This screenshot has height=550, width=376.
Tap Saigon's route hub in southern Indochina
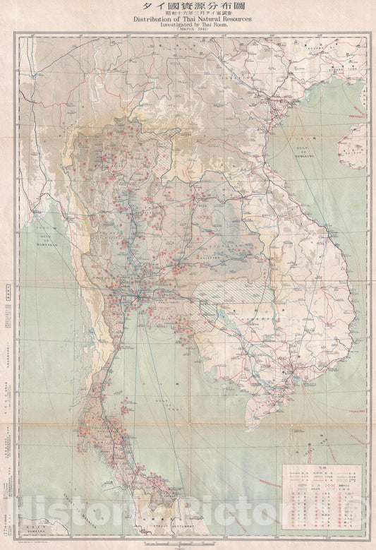[290, 370]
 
